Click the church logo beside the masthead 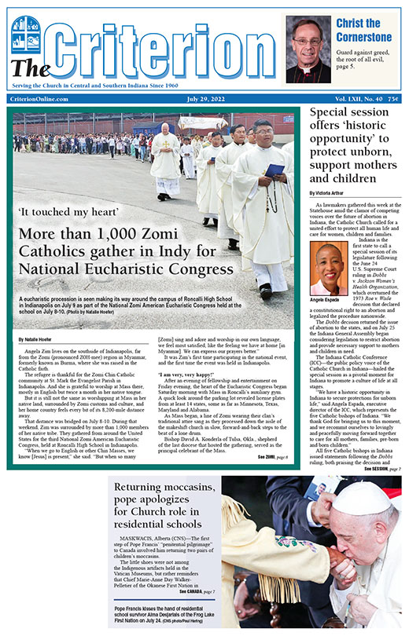click(x=26, y=32)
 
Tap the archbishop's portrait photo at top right click(x=308, y=49)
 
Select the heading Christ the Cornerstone click(x=363, y=30)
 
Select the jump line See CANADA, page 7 click(x=192, y=590)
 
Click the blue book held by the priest click(x=274, y=170)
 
